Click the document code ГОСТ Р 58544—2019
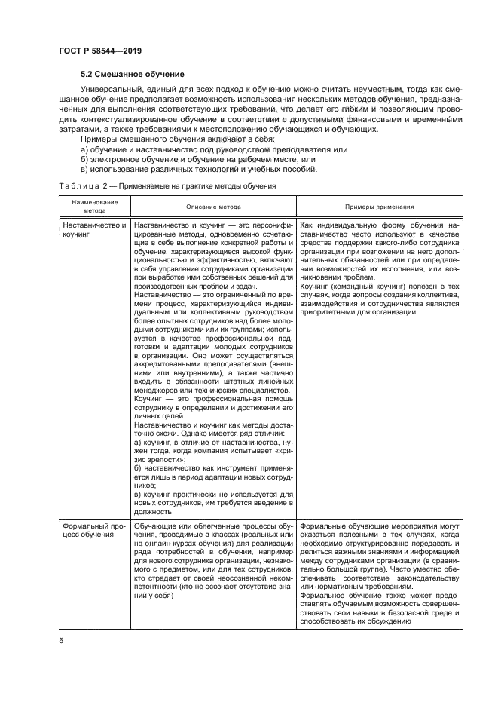100,51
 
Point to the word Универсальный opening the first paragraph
112,90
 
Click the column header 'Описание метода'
213,207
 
